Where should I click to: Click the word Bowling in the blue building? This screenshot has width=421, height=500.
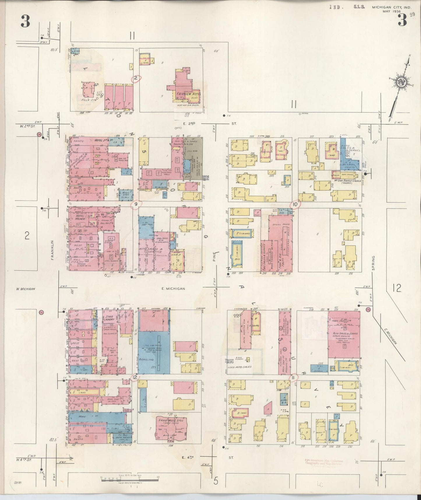[x=147, y=359]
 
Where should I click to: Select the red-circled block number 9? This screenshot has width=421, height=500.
[x=135, y=205]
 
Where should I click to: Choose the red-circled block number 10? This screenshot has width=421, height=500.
[x=295, y=205]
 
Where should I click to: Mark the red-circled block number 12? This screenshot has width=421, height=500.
[x=135, y=377]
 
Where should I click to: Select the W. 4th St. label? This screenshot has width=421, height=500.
[x=24, y=460]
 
